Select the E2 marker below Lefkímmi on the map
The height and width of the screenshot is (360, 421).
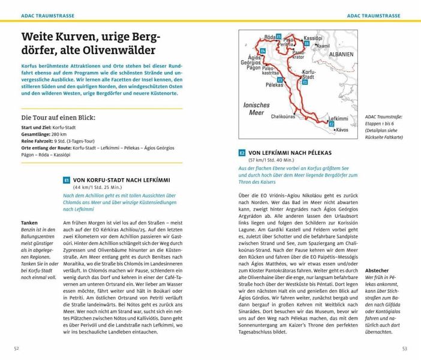pos(332,124)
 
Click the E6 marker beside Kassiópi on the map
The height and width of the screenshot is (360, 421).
pos(306,43)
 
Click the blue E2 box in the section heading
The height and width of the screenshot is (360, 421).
pos(242,153)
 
